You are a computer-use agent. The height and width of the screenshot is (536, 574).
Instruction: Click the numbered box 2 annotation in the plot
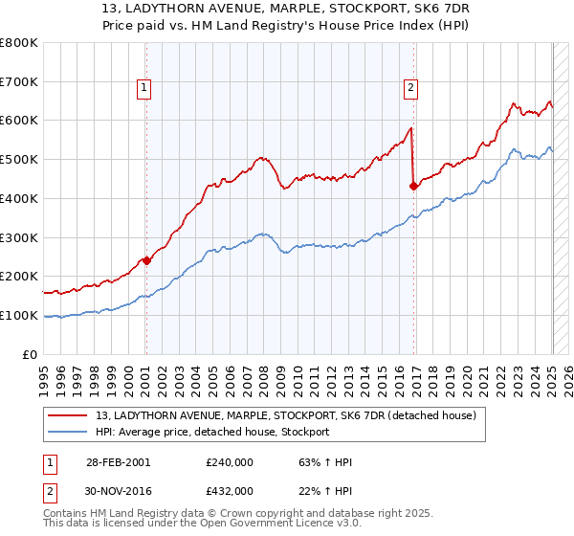(410, 88)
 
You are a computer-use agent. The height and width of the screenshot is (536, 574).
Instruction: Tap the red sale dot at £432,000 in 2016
(414, 186)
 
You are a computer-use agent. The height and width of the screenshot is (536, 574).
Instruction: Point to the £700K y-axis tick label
(19, 81)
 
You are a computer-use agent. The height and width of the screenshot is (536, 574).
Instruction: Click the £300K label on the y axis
(19, 237)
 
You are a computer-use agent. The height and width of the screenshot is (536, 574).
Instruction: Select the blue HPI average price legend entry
(211, 432)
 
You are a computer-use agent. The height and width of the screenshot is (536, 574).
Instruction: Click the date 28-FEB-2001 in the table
(118, 461)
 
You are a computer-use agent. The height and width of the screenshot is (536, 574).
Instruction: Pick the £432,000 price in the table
(230, 490)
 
